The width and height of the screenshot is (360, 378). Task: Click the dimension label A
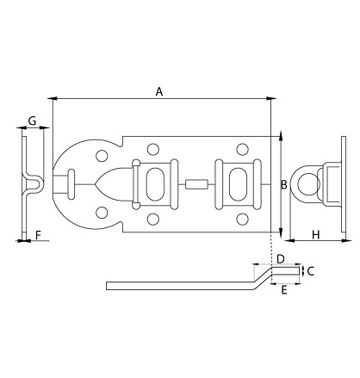(x=158, y=90)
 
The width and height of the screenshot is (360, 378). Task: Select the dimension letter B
(x=284, y=183)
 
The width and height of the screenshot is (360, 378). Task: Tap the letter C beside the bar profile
(x=310, y=270)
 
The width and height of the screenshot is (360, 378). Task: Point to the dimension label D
(x=280, y=259)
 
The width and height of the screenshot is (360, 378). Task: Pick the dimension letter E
(x=283, y=290)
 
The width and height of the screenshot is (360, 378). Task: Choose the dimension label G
(x=32, y=121)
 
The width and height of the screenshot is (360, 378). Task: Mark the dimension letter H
(x=315, y=234)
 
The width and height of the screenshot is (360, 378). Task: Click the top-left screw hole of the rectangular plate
(x=153, y=148)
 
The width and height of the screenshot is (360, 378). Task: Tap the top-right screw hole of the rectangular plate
(x=251, y=148)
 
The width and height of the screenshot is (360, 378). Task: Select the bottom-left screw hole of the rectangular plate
(x=153, y=220)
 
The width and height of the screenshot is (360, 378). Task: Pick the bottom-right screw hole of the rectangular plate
(x=251, y=220)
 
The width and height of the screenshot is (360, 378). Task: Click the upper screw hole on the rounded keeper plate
(x=102, y=157)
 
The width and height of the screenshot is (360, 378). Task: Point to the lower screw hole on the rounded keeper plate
(x=102, y=211)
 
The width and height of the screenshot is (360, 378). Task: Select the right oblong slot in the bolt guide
(x=238, y=183)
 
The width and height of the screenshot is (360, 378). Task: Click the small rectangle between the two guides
(x=196, y=183)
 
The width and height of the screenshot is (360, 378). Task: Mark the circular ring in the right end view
(x=306, y=183)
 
